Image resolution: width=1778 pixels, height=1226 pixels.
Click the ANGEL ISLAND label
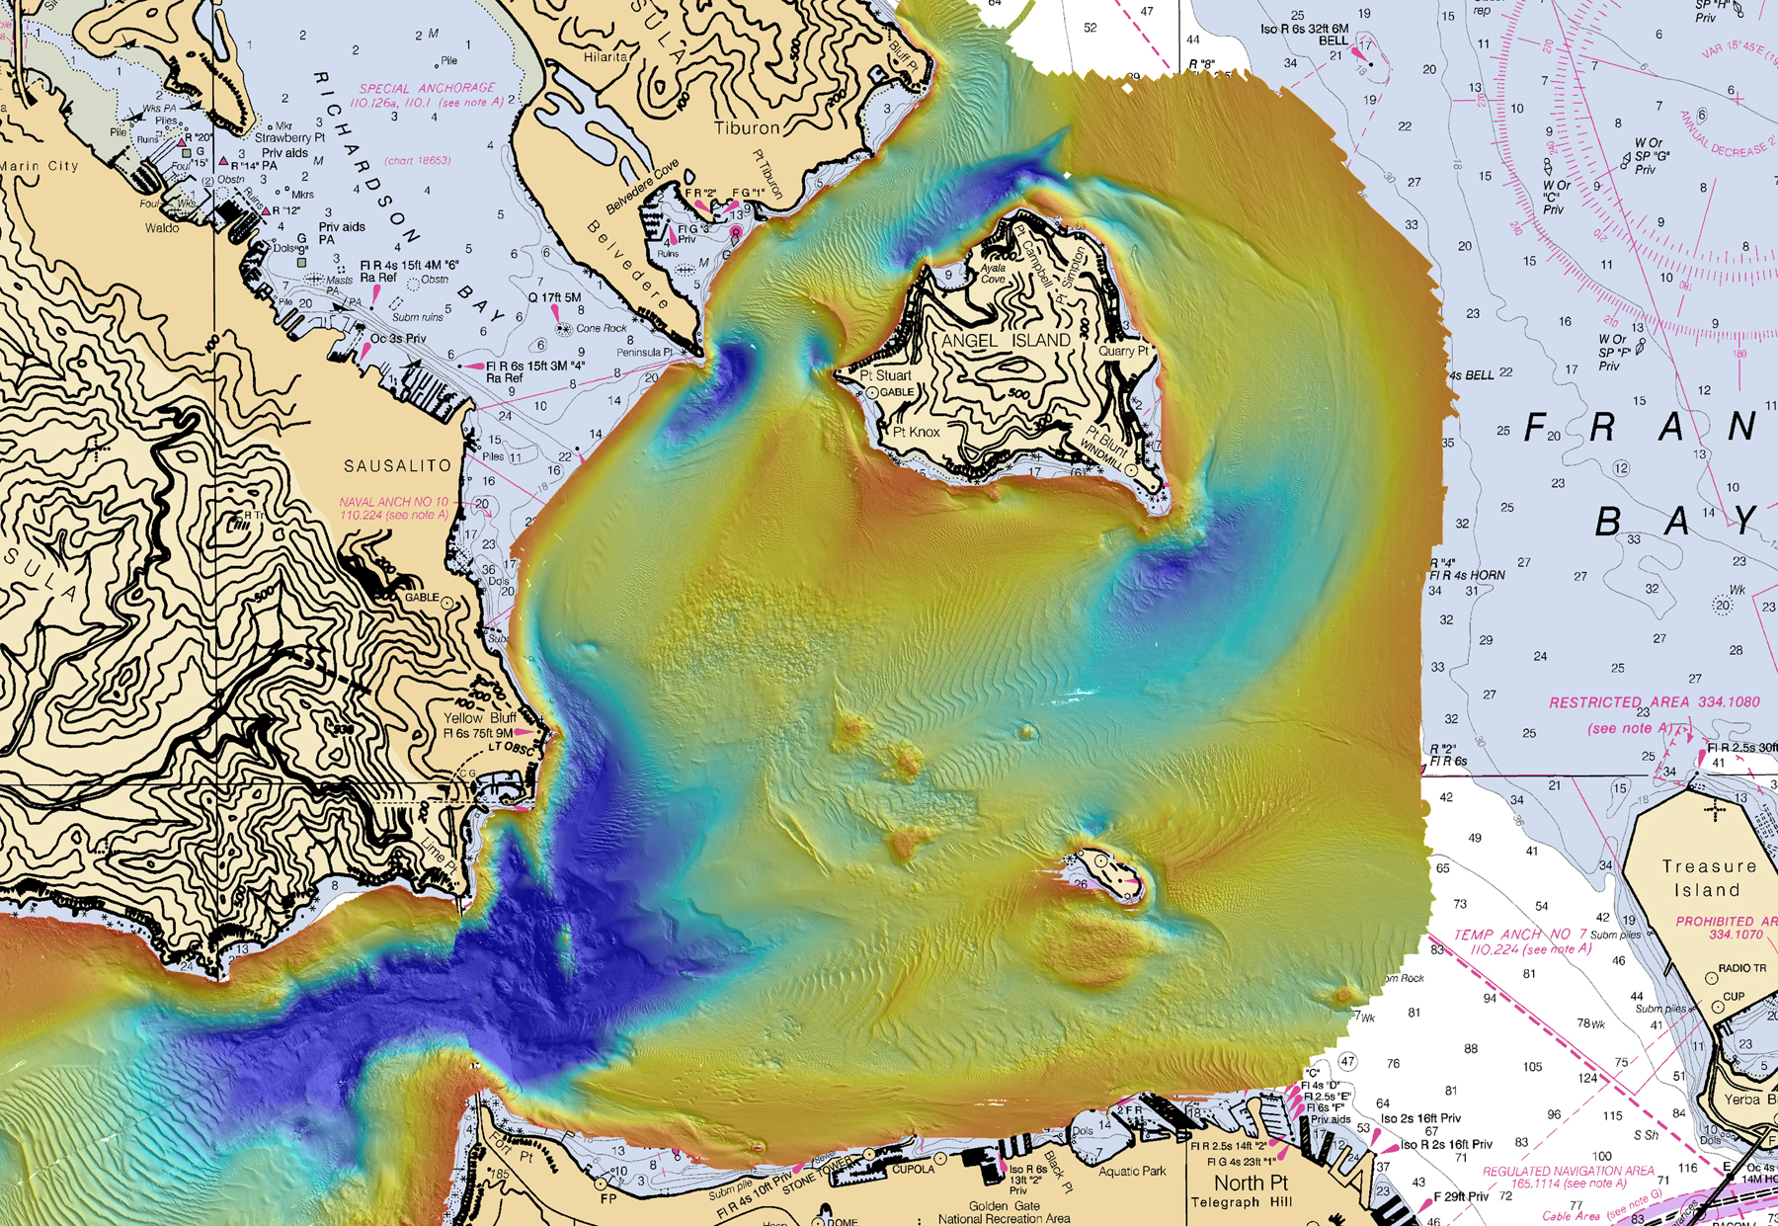[1006, 341]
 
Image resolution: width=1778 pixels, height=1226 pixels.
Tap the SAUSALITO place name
[397, 465]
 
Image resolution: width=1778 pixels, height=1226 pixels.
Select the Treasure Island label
[1709, 877]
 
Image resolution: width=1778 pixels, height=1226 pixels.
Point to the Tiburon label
[747, 128]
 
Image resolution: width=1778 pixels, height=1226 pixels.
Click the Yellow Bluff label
[480, 718]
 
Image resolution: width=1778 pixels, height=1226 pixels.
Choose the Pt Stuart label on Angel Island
[886, 375]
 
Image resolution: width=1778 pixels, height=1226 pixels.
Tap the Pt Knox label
[917, 432]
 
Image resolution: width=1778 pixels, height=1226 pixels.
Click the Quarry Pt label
[1123, 351]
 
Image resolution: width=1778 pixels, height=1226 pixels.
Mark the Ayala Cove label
[992, 274]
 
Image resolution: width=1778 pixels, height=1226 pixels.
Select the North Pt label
[1251, 1183]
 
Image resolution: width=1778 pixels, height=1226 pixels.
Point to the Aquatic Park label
[1132, 1171]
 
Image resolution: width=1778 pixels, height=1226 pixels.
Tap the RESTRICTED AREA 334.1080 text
[1654, 702]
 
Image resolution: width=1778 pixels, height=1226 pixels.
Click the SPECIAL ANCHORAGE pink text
[427, 88]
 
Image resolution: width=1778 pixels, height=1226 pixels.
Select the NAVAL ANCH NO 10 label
[393, 502]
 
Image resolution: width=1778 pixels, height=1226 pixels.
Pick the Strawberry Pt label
[289, 138]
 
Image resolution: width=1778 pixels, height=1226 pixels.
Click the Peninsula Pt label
[644, 353]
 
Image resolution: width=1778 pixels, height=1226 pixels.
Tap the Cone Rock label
[601, 329]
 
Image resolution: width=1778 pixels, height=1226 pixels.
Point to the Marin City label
[40, 166]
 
